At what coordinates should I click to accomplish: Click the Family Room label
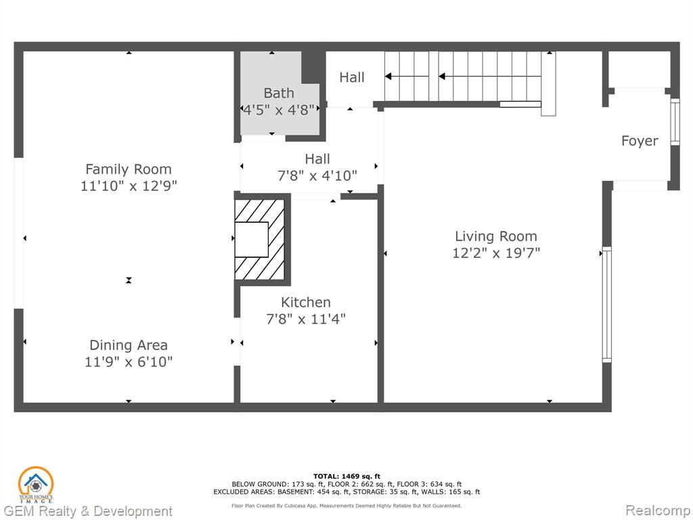point(128,169)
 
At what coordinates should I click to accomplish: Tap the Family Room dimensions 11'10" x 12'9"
point(128,186)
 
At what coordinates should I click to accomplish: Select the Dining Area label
point(128,345)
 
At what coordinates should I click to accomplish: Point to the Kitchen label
point(306,302)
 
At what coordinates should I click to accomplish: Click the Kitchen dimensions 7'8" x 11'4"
point(306,319)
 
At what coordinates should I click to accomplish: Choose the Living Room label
point(496,236)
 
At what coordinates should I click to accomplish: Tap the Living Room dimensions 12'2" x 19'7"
point(496,253)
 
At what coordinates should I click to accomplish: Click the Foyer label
point(640,141)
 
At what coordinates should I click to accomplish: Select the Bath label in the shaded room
point(278,93)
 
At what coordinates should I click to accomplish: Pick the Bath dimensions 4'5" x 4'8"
point(278,110)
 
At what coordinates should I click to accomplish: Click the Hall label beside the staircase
point(352,77)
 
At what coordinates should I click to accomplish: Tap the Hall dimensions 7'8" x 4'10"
point(317,176)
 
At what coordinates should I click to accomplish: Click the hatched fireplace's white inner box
point(251,239)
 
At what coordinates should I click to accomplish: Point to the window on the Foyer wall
point(675,122)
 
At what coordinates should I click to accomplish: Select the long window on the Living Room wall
point(607,305)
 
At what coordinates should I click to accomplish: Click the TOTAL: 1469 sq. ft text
point(346,476)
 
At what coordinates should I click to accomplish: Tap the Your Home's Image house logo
point(35,485)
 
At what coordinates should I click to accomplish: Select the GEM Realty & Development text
point(87,512)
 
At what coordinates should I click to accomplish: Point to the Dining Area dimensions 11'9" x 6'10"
point(128,362)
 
